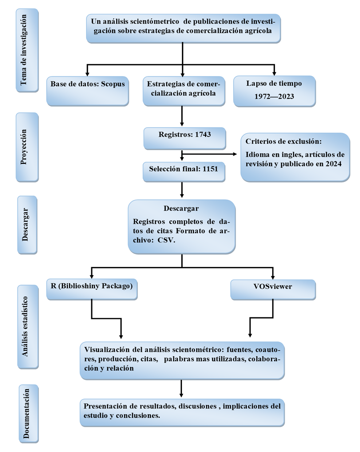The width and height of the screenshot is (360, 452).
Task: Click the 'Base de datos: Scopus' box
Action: pyautogui.click(x=88, y=91)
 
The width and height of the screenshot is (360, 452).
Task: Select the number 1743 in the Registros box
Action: pyautogui.click(x=203, y=135)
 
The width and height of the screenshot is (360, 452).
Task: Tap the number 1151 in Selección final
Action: pyautogui.click(x=210, y=169)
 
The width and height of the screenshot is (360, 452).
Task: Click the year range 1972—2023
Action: pyautogui.click(x=274, y=96)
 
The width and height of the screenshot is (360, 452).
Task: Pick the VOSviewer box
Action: pyautogui.click(x=273, y=289)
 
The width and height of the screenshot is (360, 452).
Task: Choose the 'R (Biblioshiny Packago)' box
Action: pyautogui.click(x=92, y=289)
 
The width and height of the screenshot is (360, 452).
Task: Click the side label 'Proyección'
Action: pyautogui.click(x=24, y=147)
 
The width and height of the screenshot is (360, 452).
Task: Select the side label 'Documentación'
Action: pyautogui.click(x=27, y=413)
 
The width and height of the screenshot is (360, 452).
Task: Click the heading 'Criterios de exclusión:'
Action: pyautogui.click(x=283, y=142)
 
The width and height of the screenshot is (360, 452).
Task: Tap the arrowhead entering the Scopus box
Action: pyautogui.click(x=87, y=74)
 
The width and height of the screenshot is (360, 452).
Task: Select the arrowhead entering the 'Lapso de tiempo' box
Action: pyautogui.click(x=274, y=73)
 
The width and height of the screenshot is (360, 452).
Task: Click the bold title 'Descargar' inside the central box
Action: pyautogui.click(x=181, y=209)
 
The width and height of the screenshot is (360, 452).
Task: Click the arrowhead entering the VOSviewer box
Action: pyautogui.click(x=273, y=277)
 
